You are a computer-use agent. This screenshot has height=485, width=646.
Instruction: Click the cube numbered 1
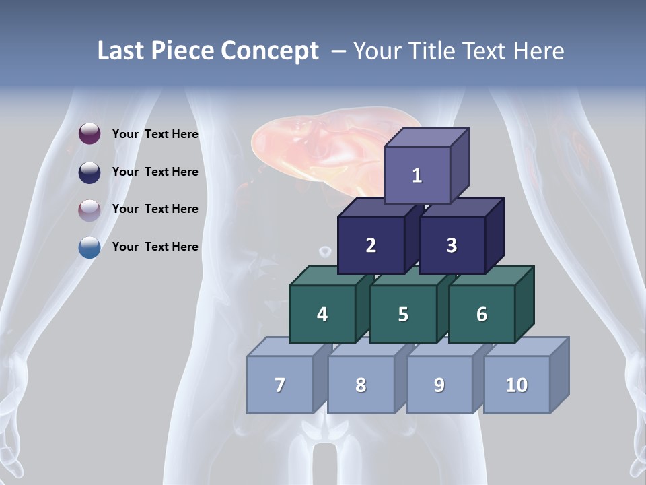point(417,175)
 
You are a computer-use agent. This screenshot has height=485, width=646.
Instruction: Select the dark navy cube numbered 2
point(371,245)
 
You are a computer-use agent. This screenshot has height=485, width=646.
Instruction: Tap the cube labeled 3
point(452,245)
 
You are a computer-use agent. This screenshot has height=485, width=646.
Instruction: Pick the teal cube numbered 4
point(322,314)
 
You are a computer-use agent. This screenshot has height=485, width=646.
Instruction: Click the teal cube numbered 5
point(403,314)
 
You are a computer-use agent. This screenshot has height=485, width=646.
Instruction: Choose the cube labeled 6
point(482,314)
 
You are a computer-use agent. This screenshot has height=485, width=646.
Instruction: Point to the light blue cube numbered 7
point(280,385)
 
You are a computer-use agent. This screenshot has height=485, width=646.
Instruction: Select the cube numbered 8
point(361,385)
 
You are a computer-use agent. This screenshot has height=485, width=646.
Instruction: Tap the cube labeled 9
point(439,385)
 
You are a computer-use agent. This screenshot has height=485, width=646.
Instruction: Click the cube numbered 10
point(517,385)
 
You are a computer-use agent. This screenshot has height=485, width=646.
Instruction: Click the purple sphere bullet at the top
point(89,134)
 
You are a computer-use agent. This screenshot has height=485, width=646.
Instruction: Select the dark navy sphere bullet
point(89,172)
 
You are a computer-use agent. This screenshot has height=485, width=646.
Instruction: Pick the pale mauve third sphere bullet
point(89,209)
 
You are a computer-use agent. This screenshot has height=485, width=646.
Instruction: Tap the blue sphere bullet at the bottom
point(89,247)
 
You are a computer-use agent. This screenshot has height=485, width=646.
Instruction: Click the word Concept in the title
point(270,51)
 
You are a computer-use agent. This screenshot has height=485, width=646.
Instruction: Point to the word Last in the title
point(122,51)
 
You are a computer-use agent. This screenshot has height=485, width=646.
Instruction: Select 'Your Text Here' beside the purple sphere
point(155,134)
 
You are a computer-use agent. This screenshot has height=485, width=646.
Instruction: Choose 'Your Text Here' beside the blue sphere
point(155,247)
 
